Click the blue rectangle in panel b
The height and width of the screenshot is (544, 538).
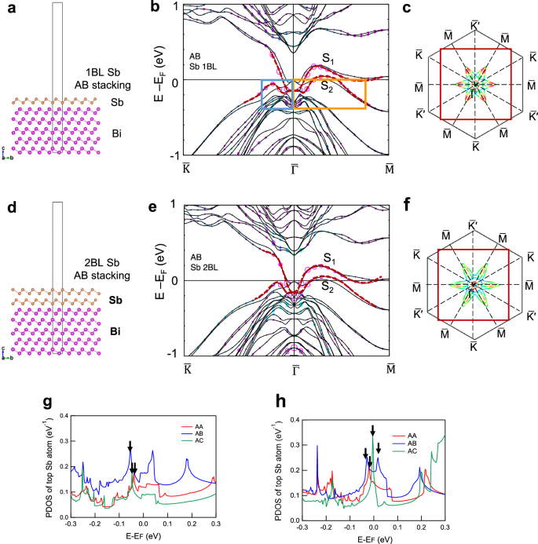tap(276, 93)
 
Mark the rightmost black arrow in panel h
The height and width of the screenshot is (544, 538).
tap(379, 448)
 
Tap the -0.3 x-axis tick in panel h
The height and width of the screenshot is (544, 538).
tap(301, 528)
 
